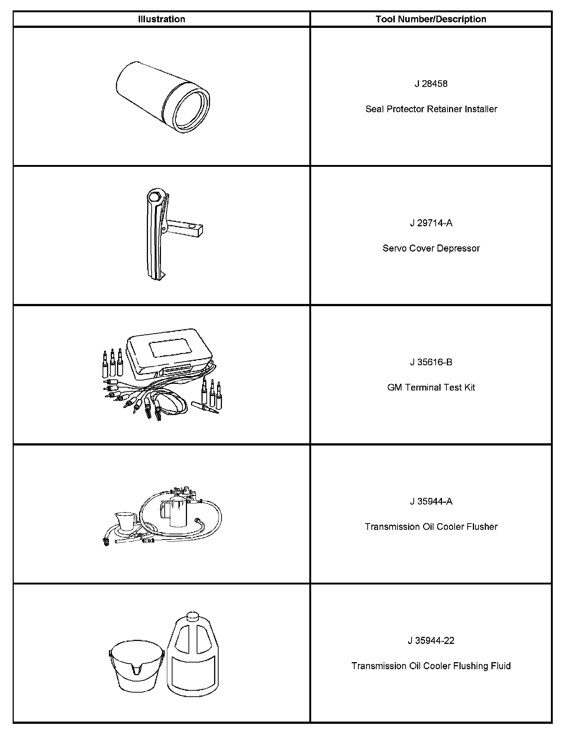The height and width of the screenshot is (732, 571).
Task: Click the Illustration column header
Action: [161, 19]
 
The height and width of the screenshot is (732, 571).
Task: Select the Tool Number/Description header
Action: [430, 19]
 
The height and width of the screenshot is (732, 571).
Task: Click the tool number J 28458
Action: [431, 84]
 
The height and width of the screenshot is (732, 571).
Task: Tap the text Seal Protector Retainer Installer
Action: [431, 109]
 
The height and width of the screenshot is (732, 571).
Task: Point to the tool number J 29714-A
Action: [431, 223]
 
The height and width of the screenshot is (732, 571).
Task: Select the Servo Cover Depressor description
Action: [431, 248]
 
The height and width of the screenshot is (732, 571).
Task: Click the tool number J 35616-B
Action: [431, 362]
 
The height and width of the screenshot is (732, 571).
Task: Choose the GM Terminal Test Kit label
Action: [431, 388]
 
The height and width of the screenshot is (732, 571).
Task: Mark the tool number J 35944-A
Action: [431, 502]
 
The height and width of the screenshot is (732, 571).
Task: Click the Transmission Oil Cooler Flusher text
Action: [431, 527]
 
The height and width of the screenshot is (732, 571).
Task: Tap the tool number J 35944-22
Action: [431, 641]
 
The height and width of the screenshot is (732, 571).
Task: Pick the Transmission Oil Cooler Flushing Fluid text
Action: [431, 666]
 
